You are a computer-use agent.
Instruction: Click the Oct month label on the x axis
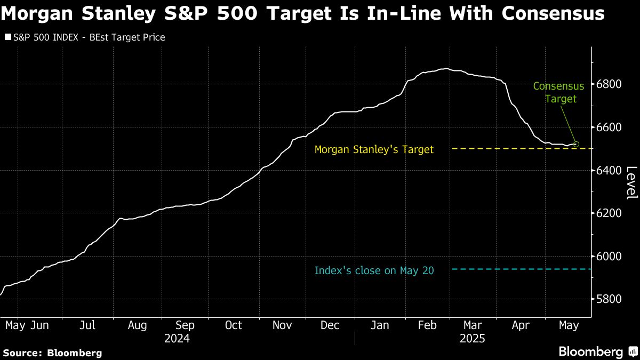point(233,325)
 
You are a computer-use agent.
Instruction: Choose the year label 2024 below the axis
point(177,338)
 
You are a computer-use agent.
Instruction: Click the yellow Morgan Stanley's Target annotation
point(374,150)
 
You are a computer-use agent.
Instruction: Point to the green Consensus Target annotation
point(558,92)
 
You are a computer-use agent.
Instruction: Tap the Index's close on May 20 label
point(374,271)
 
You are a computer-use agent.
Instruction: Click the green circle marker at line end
point(576,144)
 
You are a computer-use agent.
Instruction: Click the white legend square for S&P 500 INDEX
point(7,37)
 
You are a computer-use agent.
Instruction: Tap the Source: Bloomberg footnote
point(52,353)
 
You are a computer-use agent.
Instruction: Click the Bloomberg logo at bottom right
point(597,352)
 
